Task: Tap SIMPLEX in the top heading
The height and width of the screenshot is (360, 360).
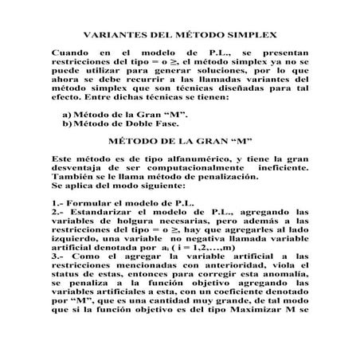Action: point(249,35)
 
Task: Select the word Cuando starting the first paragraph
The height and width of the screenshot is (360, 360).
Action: point(70,52)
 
